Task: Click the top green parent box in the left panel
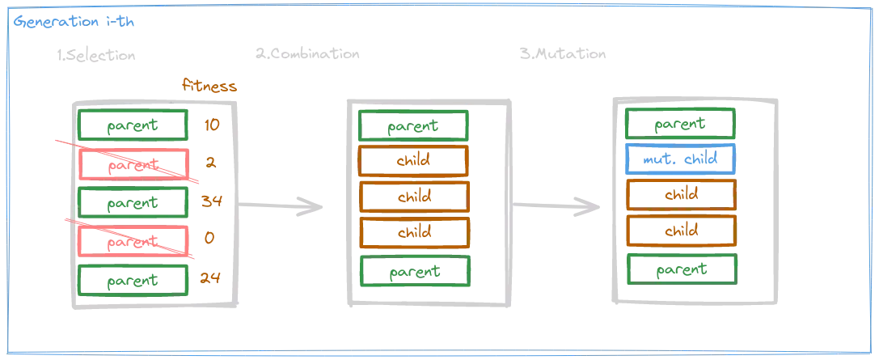click(x=133, y=125)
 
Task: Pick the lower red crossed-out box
click(x=133, y=240)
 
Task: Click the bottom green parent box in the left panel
click(x=133, y=281)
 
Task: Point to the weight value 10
click(x=212, y=125)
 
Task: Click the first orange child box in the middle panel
click(x=414, y=160)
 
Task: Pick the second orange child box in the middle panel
click(x=414, y=197)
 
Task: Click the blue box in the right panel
click(x=680, y=159)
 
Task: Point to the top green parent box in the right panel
click(x=680, y=125)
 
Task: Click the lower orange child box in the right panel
click(x=680, y=231)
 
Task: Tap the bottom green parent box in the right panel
click(x=680, y=269)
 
